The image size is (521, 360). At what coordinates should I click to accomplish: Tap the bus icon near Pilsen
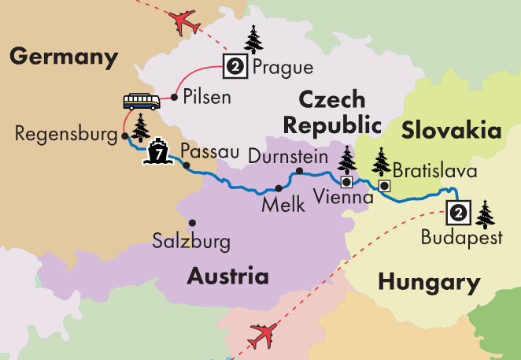click(x=141, y=101)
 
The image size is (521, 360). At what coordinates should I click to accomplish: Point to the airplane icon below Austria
click(x=264, y=336)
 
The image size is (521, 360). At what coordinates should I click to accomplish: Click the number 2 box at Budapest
click(x=459, y=211)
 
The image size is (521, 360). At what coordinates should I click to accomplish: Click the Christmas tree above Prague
click(x=253, y=39)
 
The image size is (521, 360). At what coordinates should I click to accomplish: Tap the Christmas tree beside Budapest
click(x=486, y=213)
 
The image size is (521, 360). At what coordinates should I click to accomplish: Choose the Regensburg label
click(x=65, y=135)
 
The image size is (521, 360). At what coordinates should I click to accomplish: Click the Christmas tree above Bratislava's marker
click(x=382, y=161)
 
